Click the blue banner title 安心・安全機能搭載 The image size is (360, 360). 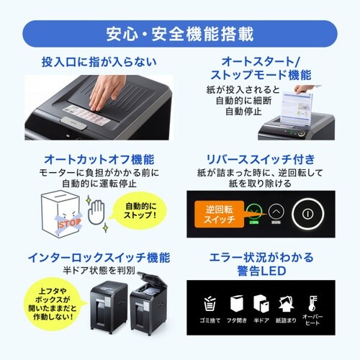tap(180, 33)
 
